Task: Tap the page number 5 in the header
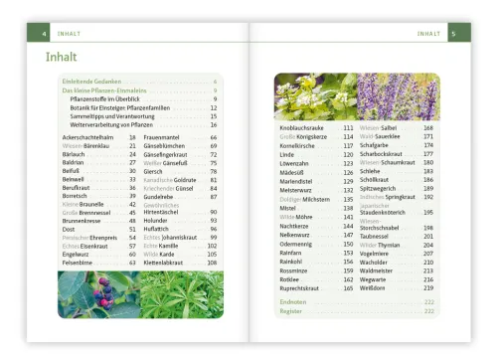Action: pyautogui.click(x=452, y=34)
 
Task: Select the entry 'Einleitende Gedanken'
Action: pyautogui.click(x=92, y=82)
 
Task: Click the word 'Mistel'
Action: pyautogui.click(x=289, y=207)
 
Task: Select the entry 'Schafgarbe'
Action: pyautogui.click(x=378, y=145)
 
